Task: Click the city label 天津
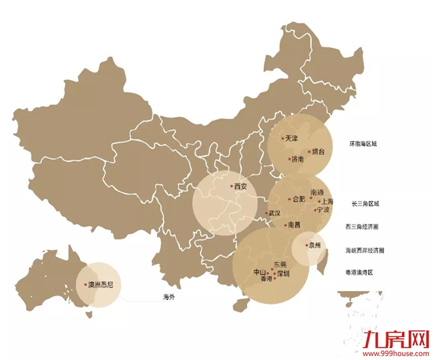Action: point(291,138)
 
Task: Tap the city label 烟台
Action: point(318,152)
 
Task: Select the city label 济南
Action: point(297,160)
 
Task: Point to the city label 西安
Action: point(240,186)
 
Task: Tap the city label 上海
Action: point(327,201)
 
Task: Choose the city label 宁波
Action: point(323,210)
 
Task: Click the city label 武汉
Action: point(274,213)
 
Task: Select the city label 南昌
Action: point(293,225)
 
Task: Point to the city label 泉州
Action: point(314,246)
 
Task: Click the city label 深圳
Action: point(282,273)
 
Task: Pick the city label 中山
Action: point(260,273)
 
